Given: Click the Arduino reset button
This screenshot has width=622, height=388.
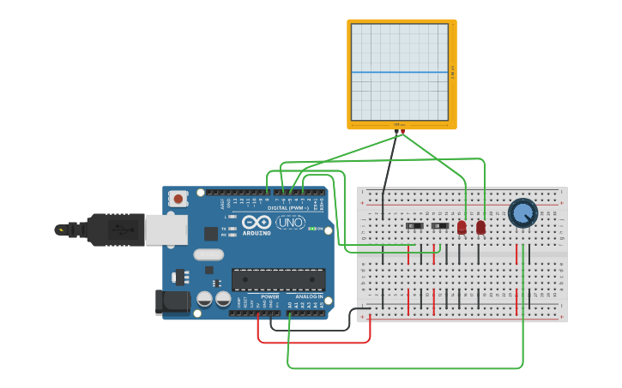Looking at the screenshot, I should click(178, 199).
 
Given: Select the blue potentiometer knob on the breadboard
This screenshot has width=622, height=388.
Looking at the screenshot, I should click(522, 212).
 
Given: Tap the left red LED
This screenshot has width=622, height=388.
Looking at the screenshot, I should click(462, 227).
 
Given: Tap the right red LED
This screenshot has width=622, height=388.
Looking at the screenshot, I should click(480, 227).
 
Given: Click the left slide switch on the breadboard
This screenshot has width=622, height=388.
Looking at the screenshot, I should click(414, 226).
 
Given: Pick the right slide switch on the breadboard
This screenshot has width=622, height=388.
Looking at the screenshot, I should click(440, 226).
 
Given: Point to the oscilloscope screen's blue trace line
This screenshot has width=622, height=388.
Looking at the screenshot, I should click(399, 72).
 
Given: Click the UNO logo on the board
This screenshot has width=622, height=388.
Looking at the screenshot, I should click(290, 223).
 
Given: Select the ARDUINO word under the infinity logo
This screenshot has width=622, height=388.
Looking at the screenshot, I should click(257, 233).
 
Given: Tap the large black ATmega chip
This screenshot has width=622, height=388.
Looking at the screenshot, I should click(278, 279).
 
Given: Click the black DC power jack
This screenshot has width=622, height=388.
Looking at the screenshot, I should click(171, 301).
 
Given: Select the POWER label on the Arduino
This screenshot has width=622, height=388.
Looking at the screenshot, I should click(269, 296).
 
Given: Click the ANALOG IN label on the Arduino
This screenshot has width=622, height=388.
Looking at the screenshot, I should click(309, 296).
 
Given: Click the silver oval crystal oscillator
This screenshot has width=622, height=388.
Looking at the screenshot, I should click(208, 254).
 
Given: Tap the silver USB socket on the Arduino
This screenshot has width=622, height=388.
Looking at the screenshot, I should click(165, 230).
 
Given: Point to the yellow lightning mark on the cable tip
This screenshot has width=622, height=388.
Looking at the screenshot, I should click(60, 230).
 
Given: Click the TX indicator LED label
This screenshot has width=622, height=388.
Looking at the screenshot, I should click(224, 228).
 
